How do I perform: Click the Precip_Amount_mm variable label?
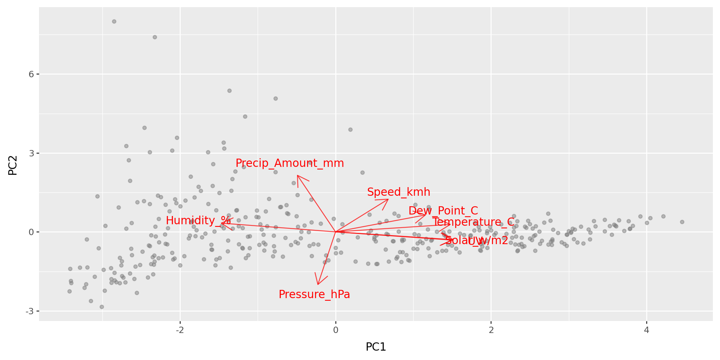[289, 163]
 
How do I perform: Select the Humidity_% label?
[198, 220]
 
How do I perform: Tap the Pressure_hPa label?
[314, 294]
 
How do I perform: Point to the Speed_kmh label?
[399, 192]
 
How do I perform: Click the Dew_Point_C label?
[443, 211]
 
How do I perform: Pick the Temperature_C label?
[473, 222]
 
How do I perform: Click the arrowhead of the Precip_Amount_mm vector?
[297, 175]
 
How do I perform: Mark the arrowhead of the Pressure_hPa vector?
[318, 284]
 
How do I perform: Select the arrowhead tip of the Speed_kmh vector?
[388, 199]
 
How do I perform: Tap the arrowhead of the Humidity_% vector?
[221, 223]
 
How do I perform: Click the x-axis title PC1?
[376, 347]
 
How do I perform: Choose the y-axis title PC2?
[13, 165]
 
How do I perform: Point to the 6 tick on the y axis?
[31, 74]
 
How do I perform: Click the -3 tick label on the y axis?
[29, 311]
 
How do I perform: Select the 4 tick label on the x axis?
[646, 330]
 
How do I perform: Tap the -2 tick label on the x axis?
[180, 330]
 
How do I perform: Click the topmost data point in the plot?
[114, 21]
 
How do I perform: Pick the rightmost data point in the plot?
[682, 222]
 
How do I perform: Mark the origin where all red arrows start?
[336, 232]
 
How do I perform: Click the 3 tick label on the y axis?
[31, 153]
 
